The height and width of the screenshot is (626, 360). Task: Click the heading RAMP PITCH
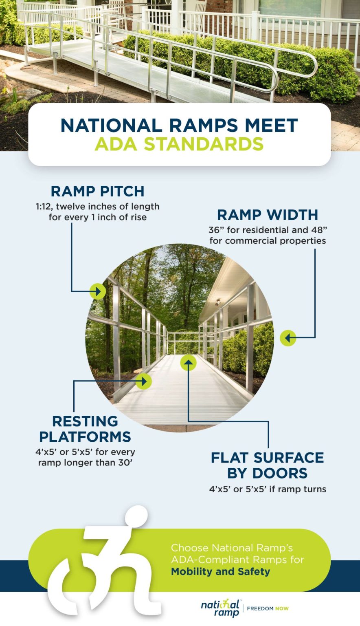coord(97,191)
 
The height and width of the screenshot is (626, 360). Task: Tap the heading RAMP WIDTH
coord(267,215)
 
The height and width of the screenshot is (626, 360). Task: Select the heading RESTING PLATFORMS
coord(85,429)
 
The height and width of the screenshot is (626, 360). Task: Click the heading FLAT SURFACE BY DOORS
coord(267,465)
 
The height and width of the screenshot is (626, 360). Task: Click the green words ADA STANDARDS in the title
coord(179,144)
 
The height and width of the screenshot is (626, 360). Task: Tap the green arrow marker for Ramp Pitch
coord(97,291)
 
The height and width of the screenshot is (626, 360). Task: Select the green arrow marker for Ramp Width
coord(288,337)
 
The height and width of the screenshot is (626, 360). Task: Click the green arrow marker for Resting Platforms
coord(143,381)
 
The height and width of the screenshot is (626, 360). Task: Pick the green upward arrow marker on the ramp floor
coord(188,362)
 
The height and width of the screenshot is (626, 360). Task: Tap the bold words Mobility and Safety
coord(220,571)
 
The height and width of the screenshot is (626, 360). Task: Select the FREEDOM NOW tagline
coord(268,608)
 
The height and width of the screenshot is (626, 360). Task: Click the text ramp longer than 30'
coord(86,463)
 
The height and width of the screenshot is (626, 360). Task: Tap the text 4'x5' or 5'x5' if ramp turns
coord(268,489)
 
